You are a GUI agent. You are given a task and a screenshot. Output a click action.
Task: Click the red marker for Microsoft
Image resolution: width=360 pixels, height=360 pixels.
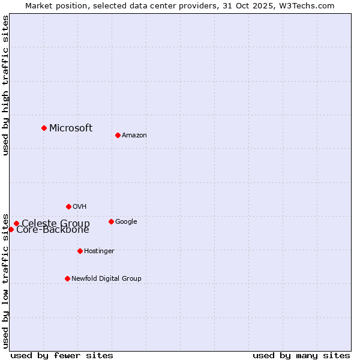click(44, 128)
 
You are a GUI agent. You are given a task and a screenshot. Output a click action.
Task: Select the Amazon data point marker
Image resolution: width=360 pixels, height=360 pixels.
click(118, 135)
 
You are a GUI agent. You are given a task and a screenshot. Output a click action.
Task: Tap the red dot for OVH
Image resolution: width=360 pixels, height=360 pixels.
click(68, 206)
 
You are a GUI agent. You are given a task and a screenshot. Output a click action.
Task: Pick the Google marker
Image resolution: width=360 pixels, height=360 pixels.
click(111, 221)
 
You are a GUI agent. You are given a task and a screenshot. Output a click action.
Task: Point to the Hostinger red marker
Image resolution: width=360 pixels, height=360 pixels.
click(80, 251)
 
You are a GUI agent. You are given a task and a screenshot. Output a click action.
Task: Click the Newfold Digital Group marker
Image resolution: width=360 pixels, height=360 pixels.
click(67, 278)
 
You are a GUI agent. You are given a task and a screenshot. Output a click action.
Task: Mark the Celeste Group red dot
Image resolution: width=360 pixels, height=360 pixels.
click(16, 224)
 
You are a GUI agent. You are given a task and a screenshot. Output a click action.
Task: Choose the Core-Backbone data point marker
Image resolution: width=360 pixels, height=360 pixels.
click(11, 229)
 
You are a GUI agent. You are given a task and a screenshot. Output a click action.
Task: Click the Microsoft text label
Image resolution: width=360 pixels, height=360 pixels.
click(71, 128)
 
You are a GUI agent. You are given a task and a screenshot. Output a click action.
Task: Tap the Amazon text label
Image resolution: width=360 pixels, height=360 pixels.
click(134, 136)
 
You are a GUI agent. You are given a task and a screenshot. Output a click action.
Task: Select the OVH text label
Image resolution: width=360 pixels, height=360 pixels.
click(80, 207)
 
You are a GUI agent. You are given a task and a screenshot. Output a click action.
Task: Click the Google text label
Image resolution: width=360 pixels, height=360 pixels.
click(126, 222)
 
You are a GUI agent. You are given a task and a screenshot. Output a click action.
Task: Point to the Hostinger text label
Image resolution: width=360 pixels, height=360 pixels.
click(99, 251)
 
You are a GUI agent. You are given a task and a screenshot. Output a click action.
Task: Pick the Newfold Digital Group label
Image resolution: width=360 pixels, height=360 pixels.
click(106, 279)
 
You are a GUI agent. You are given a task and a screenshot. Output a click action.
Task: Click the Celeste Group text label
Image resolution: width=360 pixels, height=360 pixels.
click(56, 223)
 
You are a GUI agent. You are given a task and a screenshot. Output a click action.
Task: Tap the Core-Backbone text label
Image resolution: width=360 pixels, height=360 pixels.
click(53, 230)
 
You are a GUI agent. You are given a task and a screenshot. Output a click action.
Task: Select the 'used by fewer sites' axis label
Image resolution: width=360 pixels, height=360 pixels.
click(62, 356)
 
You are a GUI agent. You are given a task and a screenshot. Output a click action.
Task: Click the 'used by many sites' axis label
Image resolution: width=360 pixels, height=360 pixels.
click(301, 356)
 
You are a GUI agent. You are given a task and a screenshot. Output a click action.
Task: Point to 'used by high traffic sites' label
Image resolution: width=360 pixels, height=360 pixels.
click(5, 85)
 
